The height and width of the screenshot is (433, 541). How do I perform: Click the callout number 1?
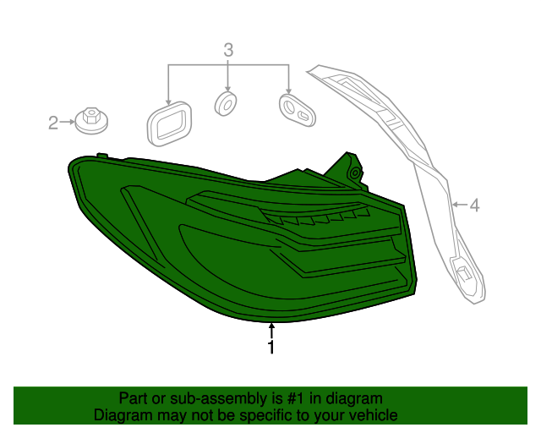(x=270, y=348)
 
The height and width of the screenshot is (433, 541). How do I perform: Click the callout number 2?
(x=53, y=123)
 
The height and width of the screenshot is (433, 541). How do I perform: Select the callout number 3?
(x=228, y=50)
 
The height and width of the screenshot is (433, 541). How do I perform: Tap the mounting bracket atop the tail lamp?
(x=351, y=167)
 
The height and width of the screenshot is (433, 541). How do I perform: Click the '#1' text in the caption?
(x=294, y=398)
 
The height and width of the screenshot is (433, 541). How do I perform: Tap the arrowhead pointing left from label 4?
(x=455, y=205)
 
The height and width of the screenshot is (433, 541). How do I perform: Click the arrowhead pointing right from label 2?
(x=73, y=123)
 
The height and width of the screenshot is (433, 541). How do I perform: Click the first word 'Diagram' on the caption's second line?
(x=122, y=415)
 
